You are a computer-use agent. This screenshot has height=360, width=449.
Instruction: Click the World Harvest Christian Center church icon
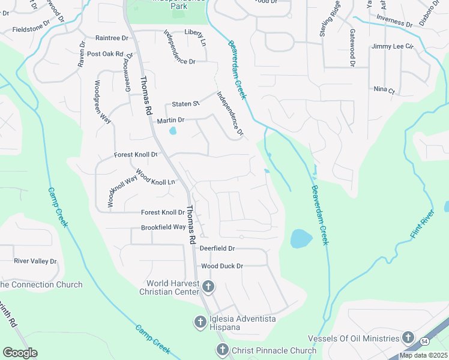coord(208,287)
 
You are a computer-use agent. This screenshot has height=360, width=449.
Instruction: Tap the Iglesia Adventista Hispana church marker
coord(200,323)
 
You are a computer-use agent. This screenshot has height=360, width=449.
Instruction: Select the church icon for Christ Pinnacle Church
coord(221,350)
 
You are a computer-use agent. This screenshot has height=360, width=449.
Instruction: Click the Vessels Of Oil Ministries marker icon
coord(408,338)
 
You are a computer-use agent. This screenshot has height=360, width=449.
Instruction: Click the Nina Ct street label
coord(384,91)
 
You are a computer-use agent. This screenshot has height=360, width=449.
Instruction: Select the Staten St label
coord(185,104)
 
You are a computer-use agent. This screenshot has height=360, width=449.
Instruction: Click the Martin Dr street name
coord(170,121)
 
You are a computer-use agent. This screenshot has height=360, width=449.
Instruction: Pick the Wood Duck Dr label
coord(221,266)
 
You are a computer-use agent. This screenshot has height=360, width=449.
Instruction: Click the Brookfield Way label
coord(163,227)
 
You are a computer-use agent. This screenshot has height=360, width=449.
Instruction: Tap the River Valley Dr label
coord(35,261)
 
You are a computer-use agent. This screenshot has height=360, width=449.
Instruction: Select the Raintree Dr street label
coord(112,38)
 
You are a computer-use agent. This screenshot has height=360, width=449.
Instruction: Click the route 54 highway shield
coord(425,341)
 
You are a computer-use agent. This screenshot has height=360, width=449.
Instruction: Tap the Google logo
coord(20,353)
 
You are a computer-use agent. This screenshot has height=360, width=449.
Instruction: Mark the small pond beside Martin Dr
coord(173,130)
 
